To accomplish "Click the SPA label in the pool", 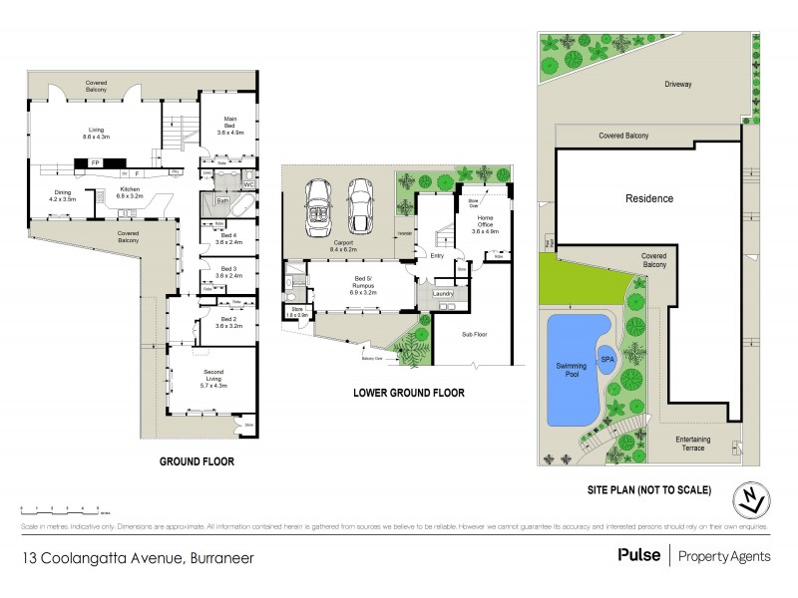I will coord(606,359).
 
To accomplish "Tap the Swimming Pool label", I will coord(572,371).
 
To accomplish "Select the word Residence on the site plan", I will coord(648,198).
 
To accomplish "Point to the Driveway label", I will coord(678,85).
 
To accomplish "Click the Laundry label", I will coord(445,293).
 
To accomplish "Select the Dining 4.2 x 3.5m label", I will coord(62,196).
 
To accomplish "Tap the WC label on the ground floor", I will coord(249,183).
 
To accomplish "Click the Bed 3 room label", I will coord(228,271).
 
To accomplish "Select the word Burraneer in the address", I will coord(217,558).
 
